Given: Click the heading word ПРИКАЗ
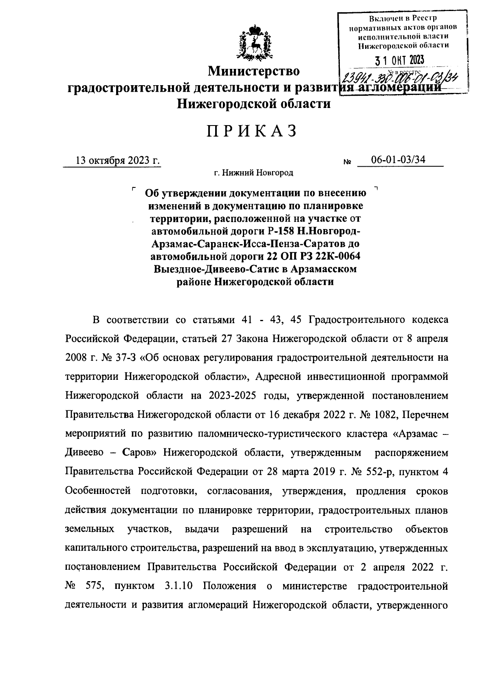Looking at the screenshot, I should [x=251, y=131].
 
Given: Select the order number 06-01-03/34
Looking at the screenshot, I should [x=398, y=160].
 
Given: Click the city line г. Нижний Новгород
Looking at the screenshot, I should [x=254, y=173].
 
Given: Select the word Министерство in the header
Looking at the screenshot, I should [x=254, y=71].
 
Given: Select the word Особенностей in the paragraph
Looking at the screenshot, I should [x=97, y=491].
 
